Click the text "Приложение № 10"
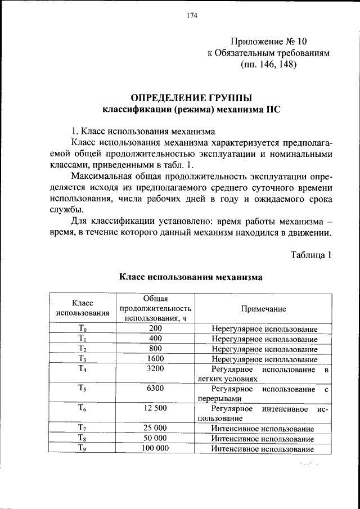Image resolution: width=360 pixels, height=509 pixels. click(x=269, y=42)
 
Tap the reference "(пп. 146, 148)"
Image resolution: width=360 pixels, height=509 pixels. click(x=269, y=65)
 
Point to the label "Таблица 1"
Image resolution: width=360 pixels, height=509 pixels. click(x=310, y=255)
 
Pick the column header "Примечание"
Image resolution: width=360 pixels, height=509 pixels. click(x=264, y=309)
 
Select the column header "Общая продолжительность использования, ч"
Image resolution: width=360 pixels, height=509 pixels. click(x=155, y=308)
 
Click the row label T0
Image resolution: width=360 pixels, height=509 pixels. click(x=83, y=328)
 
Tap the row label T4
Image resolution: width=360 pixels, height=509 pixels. click(x=83, y=370)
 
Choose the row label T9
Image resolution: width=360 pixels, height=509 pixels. click(x=83, y=448)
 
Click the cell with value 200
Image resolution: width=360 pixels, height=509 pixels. click(x=155, y=328)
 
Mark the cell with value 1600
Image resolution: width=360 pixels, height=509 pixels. click(x=155, y=359)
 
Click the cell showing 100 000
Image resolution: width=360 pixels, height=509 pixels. click(x=155, y=448)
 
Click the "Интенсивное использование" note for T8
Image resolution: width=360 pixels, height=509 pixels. click(x=263, y=438)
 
